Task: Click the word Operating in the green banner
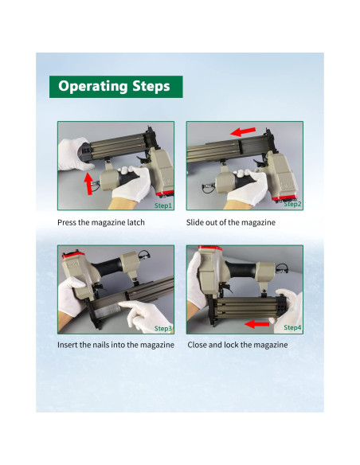[93, 86]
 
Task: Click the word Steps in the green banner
[151, 86]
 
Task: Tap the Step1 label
[163, 205]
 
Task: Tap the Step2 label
[292, 204]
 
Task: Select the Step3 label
[163, 328]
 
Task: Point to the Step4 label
[292, 327]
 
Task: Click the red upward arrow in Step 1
[88, 184]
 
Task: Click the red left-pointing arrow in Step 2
[243, 131]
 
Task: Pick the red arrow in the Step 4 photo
[256, 324]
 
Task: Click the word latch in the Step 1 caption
[136, 222]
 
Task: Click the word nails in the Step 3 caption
[100, 345]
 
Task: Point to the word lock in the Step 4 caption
[231, 345]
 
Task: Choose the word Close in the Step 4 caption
[197, 345]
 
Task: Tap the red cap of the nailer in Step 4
[210, 248]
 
